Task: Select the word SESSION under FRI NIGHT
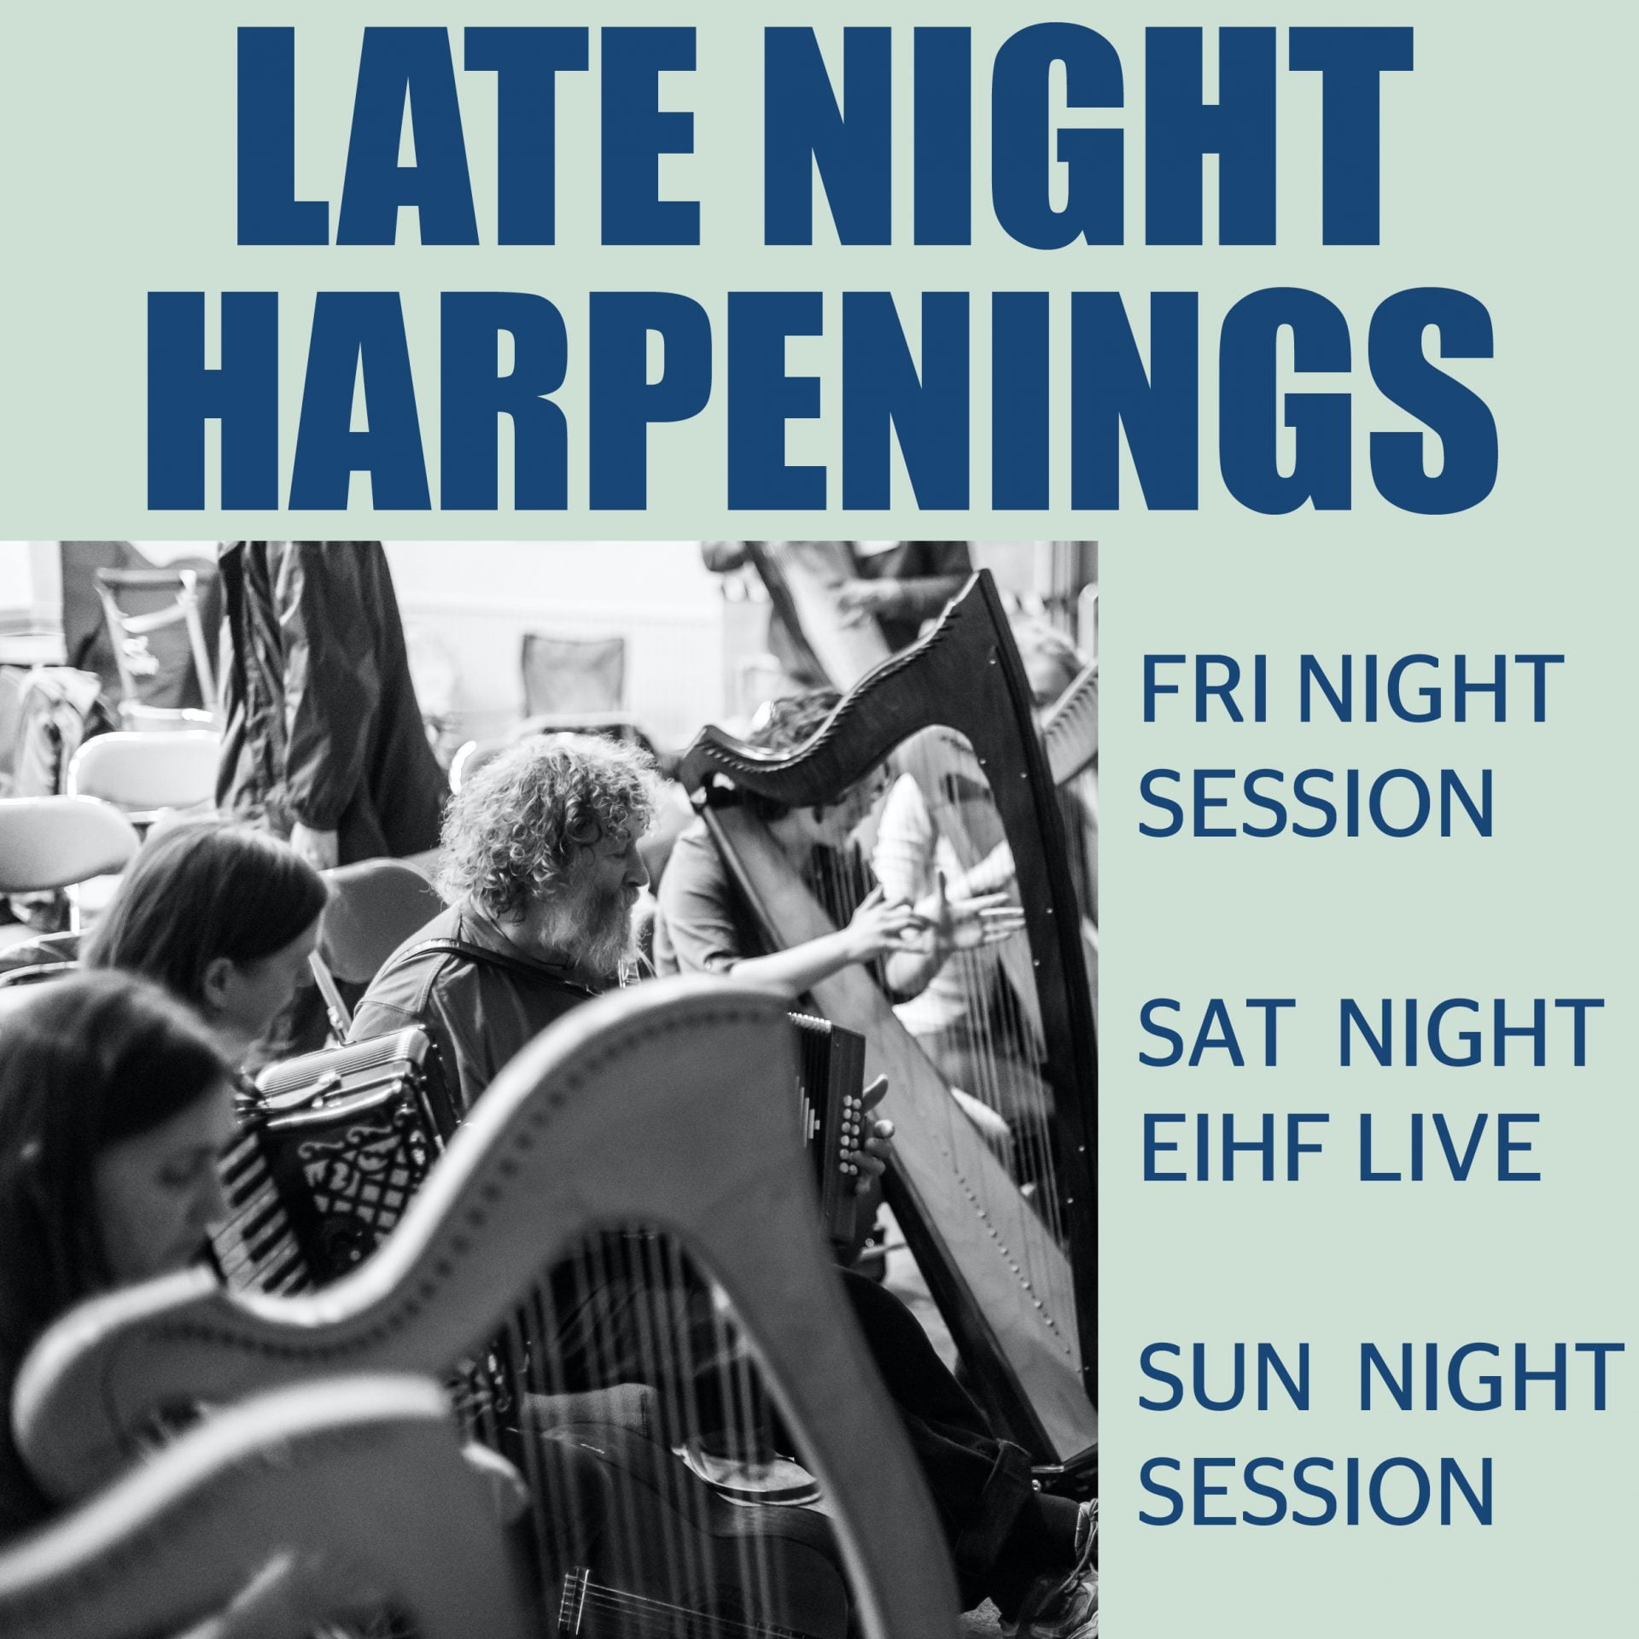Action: pyautogui.click(x=1316, y=804)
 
